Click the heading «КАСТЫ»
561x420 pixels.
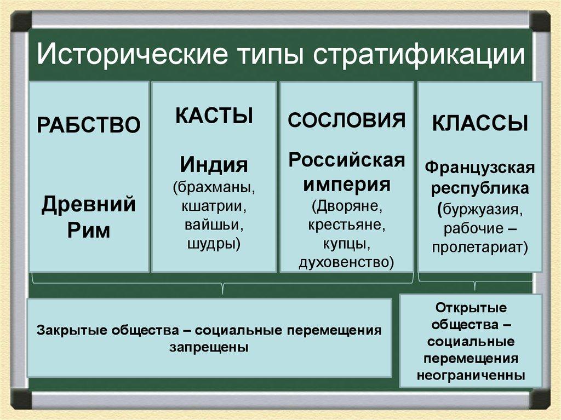pyautogui.click(x=214, y=116)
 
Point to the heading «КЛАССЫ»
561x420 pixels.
pyautogui.click(x=480, y=124)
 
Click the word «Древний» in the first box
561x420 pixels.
pyautogui.click(x=89, y=206)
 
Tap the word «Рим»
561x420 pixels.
pyautogui.click(x=89, y=231)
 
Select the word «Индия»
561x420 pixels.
pyautogui.click(x=214, y=164)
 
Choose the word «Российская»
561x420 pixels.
pyautogui.click(x=347, y=160)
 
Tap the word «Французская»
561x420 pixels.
pyautogui.click(x=480, y=166)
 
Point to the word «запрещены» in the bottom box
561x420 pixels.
pyautogui.click(x=209, y=347)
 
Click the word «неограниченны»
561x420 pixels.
pyautogui.click(x=471, y=376)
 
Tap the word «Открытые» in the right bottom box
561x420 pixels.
pyautogui.click(x=471, y=307)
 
